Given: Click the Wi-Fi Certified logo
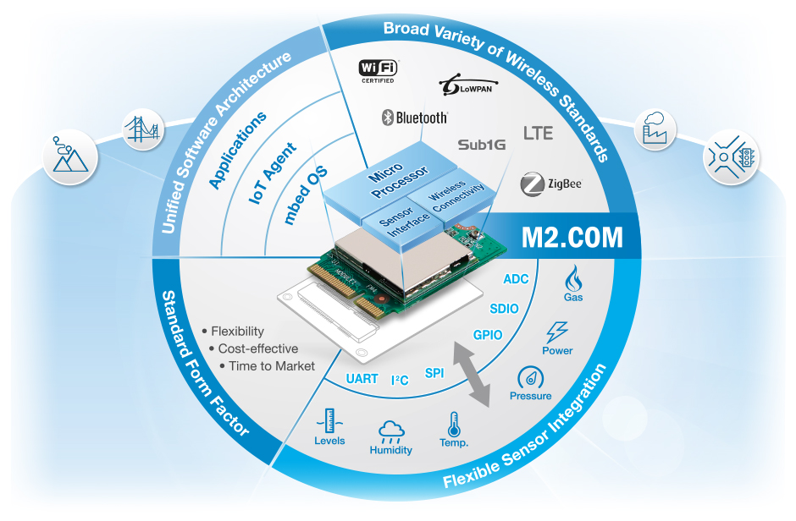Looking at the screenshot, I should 379,70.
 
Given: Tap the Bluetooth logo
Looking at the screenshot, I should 413,118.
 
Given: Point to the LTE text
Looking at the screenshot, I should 539,133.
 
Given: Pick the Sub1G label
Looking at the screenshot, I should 481,145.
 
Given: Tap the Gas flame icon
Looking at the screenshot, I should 573,277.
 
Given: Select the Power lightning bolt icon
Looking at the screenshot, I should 557,331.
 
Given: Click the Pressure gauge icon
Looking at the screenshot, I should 530,377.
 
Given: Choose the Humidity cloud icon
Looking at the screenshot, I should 390,430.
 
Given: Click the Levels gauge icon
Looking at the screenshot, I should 329,420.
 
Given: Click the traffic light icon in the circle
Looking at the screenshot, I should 731,156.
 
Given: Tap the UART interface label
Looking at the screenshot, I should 362,378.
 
